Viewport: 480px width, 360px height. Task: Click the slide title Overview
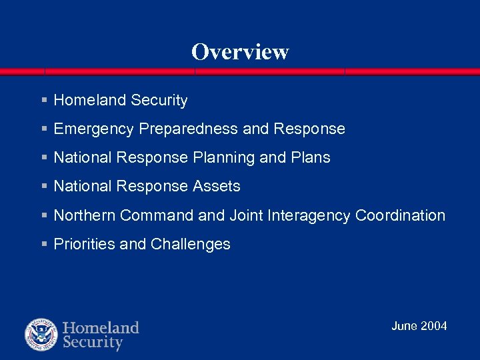(240, 52)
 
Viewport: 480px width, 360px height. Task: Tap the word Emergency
(94, 129)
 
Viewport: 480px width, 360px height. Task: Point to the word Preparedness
(189, 129)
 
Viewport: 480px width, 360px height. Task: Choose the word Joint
(246, 215)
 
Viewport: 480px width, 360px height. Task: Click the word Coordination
(400, 215)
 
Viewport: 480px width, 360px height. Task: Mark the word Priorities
(84, 244)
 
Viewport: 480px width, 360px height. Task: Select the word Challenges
(191, 244)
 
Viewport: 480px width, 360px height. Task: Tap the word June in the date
(405, 326)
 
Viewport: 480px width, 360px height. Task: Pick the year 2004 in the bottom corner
(434, 326)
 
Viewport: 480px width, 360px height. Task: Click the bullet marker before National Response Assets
(44, 187)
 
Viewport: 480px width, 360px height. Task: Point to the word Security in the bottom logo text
(93, 343)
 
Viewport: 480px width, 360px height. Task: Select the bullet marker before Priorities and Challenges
(44, 244)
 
